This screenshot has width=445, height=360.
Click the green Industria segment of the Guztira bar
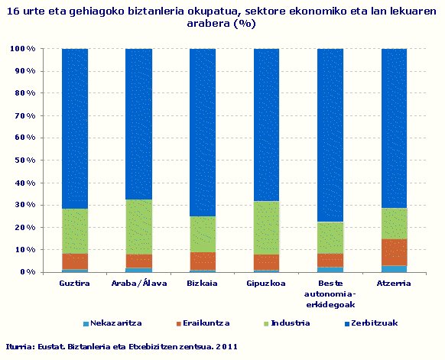tap(75, 231)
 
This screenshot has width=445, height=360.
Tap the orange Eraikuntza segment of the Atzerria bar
tap(394, 251)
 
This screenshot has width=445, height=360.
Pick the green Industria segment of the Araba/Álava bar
tap(138, 227)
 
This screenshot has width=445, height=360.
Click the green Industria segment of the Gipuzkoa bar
tap(266, 228)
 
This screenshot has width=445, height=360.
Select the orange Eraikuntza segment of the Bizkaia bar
tap(203, 261)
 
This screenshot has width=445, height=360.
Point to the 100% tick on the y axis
tap(22, 49)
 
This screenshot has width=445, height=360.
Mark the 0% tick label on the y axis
tap(27, 272)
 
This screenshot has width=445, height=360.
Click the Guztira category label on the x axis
tap(75, 283)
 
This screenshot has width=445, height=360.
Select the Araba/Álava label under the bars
tap(138, 283)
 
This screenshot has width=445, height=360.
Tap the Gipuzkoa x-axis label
tap(266, 283)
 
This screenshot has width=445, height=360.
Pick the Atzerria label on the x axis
tap(394, 283)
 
